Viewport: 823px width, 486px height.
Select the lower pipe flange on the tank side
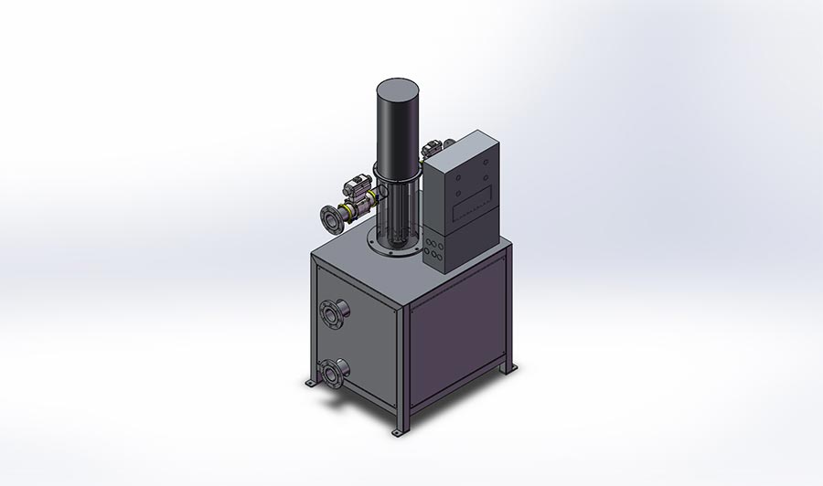(331, 374)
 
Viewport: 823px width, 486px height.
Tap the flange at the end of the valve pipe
(327, 218)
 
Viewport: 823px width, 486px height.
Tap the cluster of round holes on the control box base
(435, 248)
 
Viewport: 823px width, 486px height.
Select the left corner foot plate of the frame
(312, 385)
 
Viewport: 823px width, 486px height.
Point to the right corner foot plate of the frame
(509, 368)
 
